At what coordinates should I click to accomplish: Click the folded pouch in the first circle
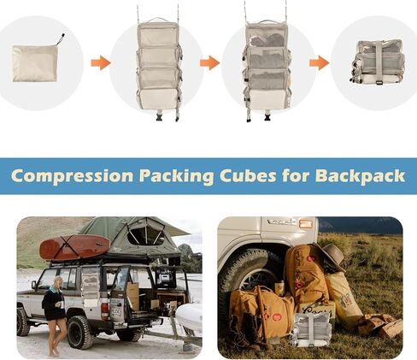point(36,62)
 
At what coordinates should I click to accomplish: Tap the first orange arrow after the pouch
point(101,62)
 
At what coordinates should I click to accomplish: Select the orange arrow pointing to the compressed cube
point(320,62)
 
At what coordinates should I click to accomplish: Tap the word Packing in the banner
point(178,176)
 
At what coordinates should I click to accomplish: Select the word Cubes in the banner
point(253,176)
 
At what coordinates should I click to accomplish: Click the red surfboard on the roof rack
point(74,248)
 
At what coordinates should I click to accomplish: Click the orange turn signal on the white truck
point(305,224)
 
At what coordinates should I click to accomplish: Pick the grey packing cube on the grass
point(314,329)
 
